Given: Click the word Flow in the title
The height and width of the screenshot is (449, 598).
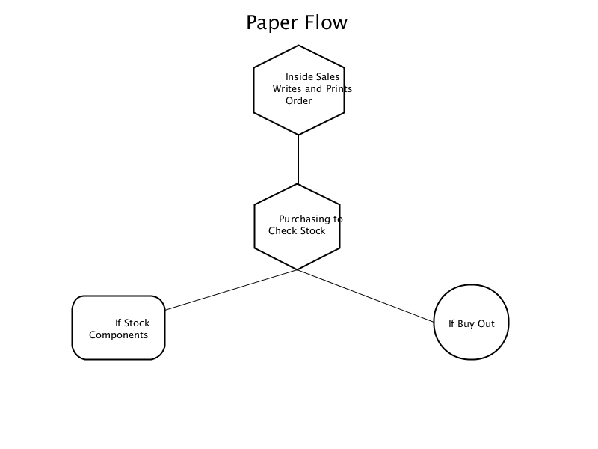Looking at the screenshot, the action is point(326,22).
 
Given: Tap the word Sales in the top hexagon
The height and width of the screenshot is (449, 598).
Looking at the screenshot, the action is point(327,77).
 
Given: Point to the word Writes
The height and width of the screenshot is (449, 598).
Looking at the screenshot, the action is point(287,88).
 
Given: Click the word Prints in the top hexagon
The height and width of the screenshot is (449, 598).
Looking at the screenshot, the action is point(339,88).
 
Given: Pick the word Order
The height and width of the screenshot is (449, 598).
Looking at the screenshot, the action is point(298,100).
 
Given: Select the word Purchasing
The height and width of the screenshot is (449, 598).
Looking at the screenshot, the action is point(304,219).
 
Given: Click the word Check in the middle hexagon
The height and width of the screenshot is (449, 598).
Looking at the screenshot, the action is point(281,230).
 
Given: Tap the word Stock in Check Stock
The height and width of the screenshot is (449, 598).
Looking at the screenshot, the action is point(311,230).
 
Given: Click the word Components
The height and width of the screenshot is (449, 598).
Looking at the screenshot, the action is point(119,335).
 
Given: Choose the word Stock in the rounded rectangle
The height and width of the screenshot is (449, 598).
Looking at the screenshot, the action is point(137,323).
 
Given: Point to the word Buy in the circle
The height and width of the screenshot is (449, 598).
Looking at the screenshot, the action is point(466,324).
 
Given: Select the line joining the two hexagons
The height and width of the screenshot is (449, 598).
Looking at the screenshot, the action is point(298,159).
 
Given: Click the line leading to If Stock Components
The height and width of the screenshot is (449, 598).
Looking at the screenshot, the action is point(231,290).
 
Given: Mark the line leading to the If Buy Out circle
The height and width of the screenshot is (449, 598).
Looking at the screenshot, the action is point(366,296).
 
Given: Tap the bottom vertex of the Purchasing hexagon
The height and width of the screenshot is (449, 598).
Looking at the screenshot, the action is point(297,269).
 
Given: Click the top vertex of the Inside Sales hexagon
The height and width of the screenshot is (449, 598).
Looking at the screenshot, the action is point(298,46).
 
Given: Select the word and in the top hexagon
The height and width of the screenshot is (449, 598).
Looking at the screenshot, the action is point(313,88).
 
